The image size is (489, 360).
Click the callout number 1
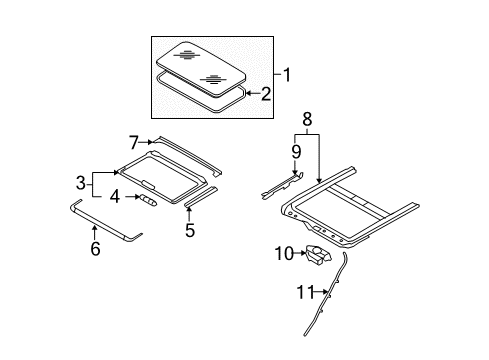click(286, 74)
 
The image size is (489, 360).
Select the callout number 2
click(266, 95)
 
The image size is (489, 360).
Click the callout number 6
click(95, 249)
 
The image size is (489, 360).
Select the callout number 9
click(295, 152)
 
